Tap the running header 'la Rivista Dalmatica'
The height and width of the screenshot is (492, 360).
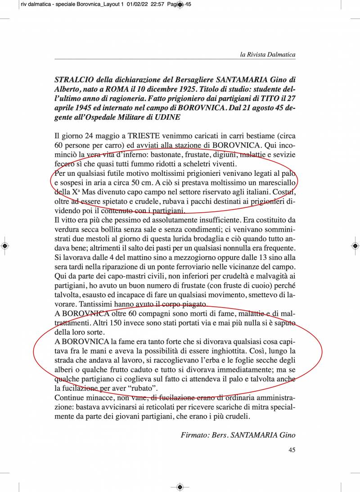(268, 55)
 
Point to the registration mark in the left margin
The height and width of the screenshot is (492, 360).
(4, 246)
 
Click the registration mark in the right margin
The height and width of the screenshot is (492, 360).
(355, 246)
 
